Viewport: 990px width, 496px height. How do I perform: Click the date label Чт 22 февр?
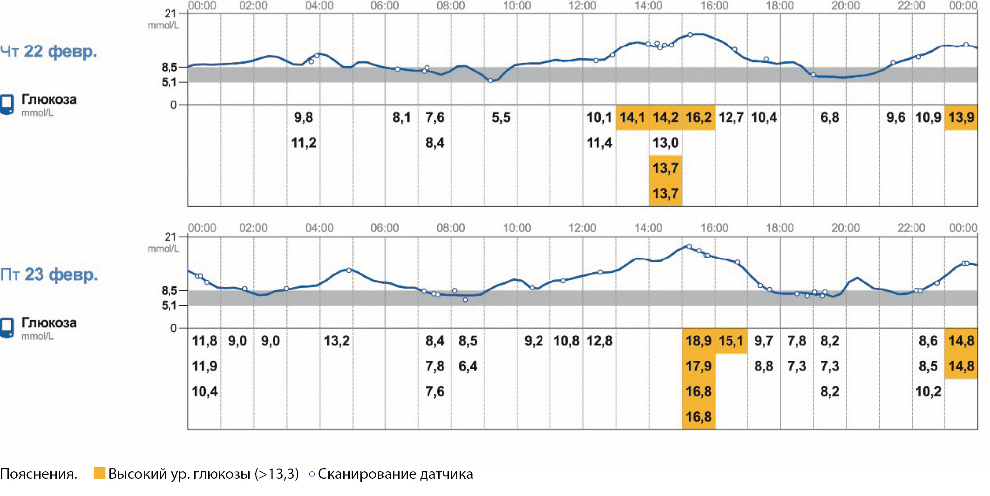48,51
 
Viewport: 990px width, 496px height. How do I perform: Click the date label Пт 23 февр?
49,275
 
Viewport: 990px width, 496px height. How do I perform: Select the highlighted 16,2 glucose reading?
698,117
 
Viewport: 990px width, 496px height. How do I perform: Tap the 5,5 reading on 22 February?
501,117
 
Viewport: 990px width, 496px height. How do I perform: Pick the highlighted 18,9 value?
698,341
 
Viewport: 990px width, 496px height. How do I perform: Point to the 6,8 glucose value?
829,117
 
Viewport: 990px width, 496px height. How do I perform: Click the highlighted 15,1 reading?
731,341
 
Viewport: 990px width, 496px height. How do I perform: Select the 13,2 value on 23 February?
336,341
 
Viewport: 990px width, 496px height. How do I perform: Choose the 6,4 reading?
468,367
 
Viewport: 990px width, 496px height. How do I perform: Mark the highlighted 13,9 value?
961,117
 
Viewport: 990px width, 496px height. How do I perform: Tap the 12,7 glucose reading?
731,117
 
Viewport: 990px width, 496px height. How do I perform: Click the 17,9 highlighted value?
698,367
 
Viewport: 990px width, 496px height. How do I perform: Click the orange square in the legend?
99,473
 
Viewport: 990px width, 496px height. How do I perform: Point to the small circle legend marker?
312,474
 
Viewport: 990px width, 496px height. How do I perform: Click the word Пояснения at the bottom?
38,474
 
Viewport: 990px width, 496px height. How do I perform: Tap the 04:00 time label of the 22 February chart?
319,6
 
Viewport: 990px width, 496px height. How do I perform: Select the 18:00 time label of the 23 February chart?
780,228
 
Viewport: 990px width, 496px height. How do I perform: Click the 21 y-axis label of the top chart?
170,14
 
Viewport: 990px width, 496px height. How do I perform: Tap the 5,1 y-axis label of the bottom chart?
169,306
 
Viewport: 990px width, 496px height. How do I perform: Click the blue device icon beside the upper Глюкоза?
7,104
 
